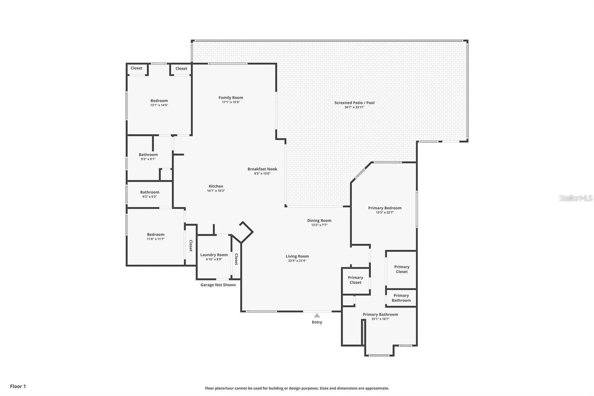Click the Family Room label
(231, 98)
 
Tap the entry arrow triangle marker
(317, 315)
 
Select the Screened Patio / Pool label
(354, 103)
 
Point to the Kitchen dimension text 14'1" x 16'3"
(216, 191)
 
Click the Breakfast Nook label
(262, 169)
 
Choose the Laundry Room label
(214, 255)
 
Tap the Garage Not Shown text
(218, 285)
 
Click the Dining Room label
(319, 221)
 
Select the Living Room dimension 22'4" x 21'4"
(297, 261)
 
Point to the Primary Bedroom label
(385, 208)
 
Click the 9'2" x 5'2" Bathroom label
(150, 192)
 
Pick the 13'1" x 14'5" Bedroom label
(159, 101)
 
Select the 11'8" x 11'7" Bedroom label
(156, 235)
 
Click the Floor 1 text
(18, 386)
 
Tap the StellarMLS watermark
(576, 198)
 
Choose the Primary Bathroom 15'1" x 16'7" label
(380, 315)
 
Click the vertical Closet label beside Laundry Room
(236, 259)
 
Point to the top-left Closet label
(136, 68)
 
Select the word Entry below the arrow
(317, 322)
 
